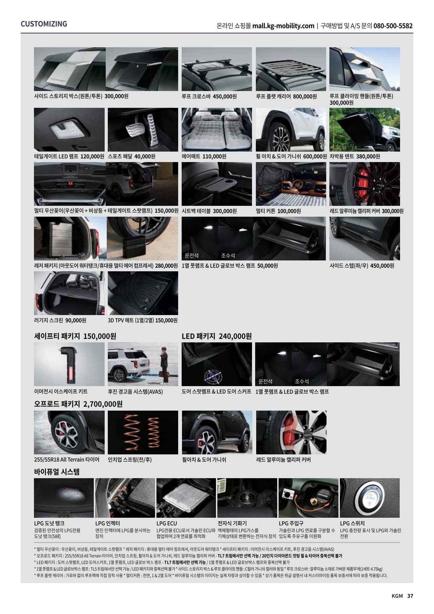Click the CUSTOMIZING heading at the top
(44, 24)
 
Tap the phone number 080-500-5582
(393, 26)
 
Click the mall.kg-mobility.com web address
(283, 26)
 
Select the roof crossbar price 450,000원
(224, 96)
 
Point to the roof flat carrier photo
(291, 69)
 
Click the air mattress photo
(217, 130)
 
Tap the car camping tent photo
(364, 130)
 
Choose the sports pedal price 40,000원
(145, 156)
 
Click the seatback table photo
(217, 184)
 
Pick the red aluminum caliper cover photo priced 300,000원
(364, 184)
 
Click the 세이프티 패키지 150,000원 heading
(75, 336)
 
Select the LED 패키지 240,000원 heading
(217, 336)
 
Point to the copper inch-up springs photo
(143, 432)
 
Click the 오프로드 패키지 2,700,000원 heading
(78, 404)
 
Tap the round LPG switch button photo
(370, 497)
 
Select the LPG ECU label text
(167, 523)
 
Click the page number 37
(410, 596)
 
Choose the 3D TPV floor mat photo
(143, 293)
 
